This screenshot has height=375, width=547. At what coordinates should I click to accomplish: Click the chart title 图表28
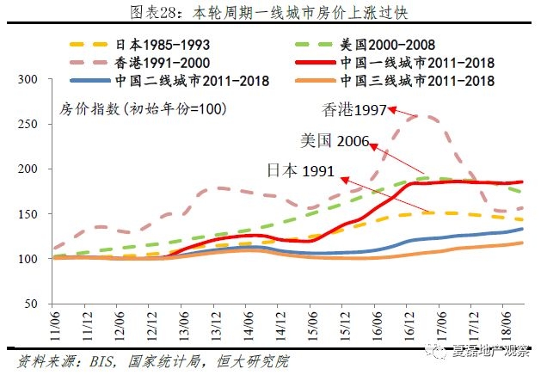pyautogui.click(x=273, y=12)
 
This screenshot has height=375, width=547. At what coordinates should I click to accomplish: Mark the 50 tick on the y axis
pyautogui.click(x=33, y=304)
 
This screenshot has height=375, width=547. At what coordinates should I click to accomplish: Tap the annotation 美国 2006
pyautogui.click(x=335, y=140)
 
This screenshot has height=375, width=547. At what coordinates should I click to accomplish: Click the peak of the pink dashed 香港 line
pyautogui.click(x=427, y=117)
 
